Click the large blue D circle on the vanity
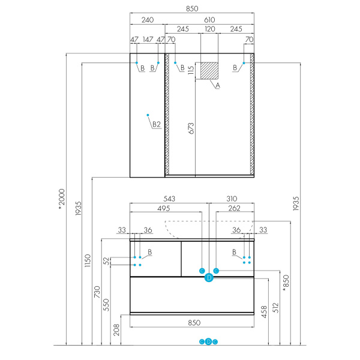click(209, 278)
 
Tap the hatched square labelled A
click(209, 71)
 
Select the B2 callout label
click(157, 124)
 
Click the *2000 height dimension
click(62, 199)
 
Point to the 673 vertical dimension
click(191, 128)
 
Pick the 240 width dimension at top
click(148, 20)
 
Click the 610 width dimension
click(209, 20)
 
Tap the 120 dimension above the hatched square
click(210, 29)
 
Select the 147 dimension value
click(148, 40)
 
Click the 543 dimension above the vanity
click(169, 199)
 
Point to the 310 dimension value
click(232, 199)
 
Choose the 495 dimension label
click(164, 208)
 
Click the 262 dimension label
click(234, 208)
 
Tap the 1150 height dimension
click(88, 260)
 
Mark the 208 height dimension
click(116, 329)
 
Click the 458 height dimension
click(264, 312)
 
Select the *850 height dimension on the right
click(286, 283)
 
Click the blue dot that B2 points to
click(148, 115)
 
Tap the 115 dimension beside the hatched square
click(191, 70)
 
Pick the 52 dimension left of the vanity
click(107, 261)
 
